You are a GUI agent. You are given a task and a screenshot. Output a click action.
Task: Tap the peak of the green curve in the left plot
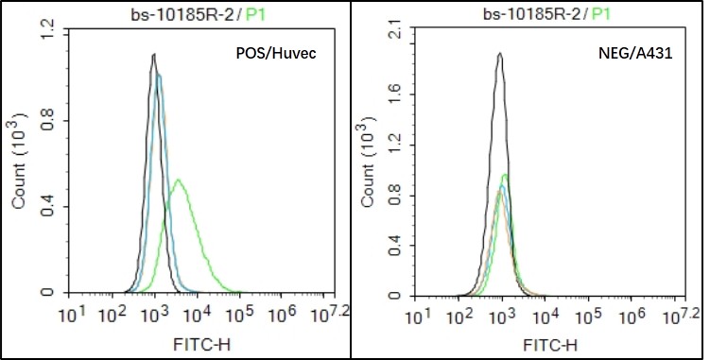pyautogui.click(x=177, y=180)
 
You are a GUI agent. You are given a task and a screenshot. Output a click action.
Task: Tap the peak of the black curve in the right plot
pyautogui.click(x=499, y=54)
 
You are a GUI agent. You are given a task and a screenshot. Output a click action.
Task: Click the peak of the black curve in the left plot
pyautogui.click(x=153, y=55)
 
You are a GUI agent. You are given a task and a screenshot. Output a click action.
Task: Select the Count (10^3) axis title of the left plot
pyautogui.click(x=19, y=163)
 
